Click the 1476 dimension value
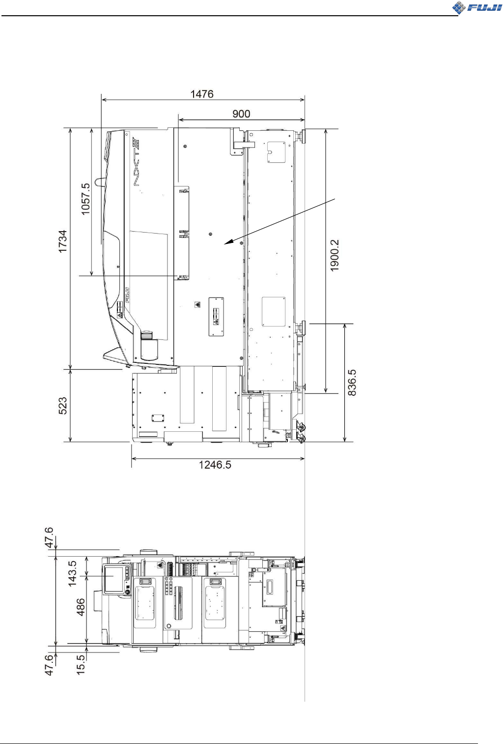[202, 94]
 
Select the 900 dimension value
[241, 114]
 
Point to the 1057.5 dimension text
[85, 199]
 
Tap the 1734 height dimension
[63, 241]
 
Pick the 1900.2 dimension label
[335, 255]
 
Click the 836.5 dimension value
[352, 383]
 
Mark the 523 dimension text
[63, 406]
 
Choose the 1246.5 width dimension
[215, 465]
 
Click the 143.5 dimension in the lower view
[72, 573]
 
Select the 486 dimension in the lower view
[81, 607]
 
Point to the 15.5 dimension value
[81, 664]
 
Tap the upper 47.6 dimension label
[49, 537]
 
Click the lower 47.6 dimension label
[49, 665]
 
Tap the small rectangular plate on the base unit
[158, 418]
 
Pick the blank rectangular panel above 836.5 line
[273, 311]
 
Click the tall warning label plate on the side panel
[216, 317]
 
